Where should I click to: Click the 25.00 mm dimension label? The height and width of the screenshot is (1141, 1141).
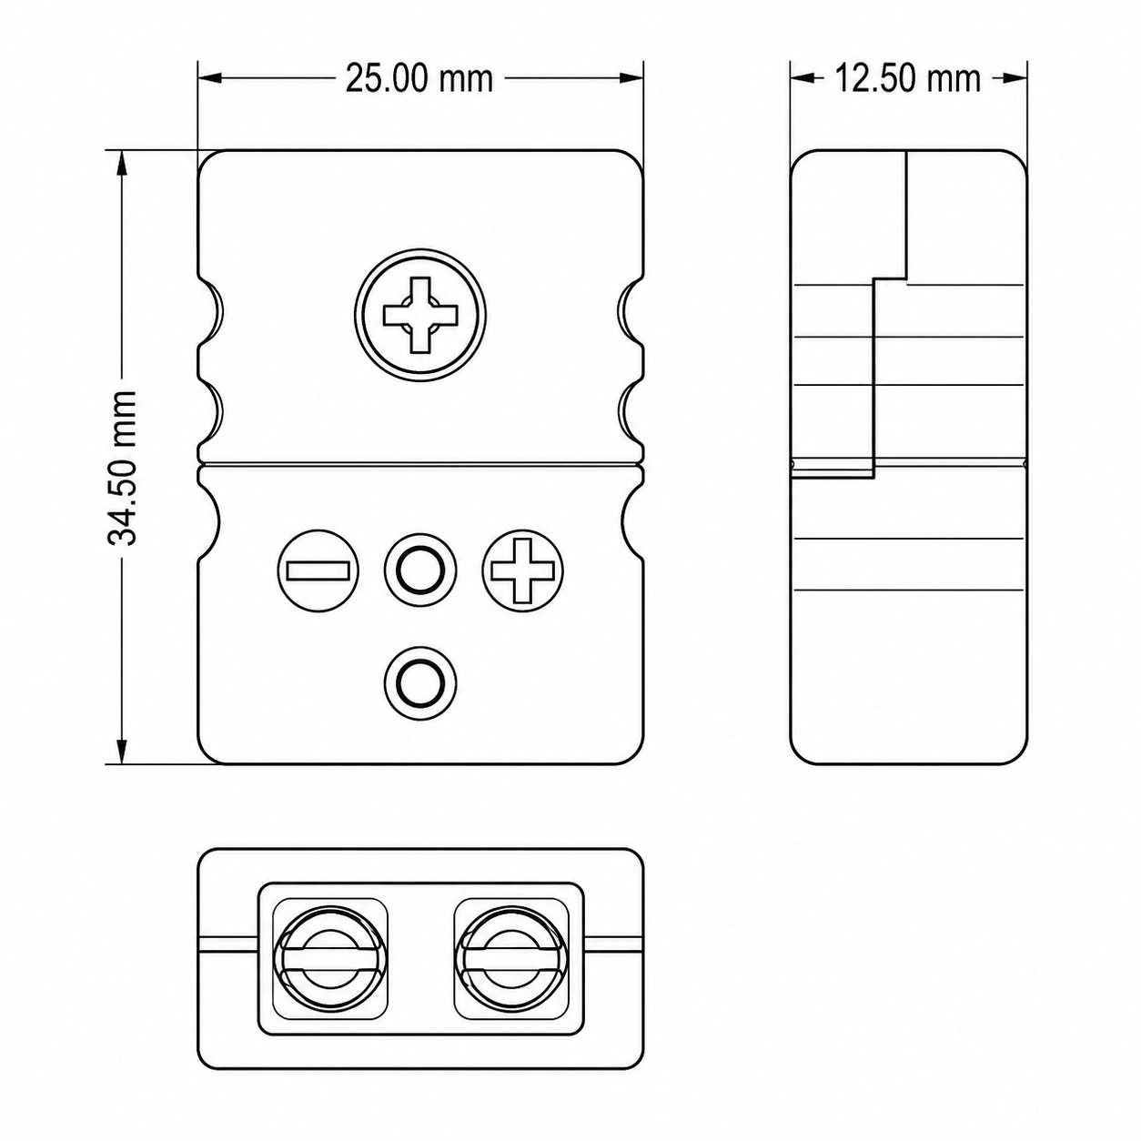(x=419, y=79)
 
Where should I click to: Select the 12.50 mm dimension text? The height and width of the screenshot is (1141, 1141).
(x=907, y=79)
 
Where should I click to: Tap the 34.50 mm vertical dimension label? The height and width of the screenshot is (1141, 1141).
(x=123, y=467)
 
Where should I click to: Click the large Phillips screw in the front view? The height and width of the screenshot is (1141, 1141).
(x=420, y=315)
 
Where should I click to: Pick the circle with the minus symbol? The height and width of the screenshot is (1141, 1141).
(x=318, y=570)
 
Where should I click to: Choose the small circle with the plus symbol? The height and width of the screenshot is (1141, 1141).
(x=522, y=570)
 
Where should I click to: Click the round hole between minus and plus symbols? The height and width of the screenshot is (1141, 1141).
(x=420, y=570)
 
